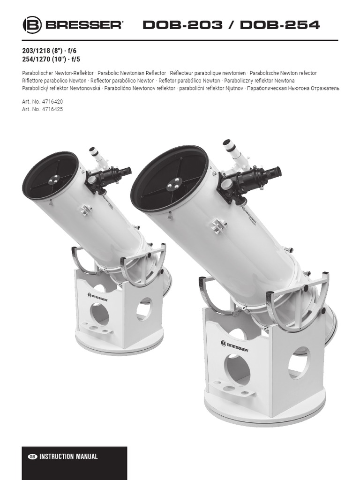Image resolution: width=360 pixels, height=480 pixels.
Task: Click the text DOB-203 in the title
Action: [x=183, y=25]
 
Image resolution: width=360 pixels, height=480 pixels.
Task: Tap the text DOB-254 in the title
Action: [x=280, y=25]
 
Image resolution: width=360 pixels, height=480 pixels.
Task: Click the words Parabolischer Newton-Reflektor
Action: [x=57, y=73]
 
